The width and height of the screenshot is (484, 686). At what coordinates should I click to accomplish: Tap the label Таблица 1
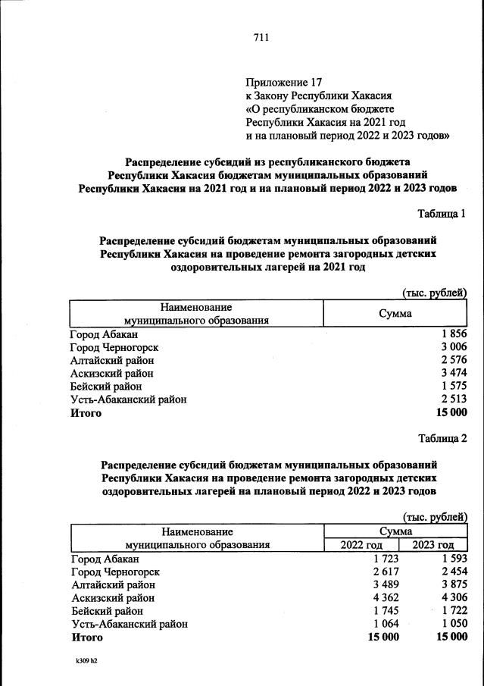pos(442,215)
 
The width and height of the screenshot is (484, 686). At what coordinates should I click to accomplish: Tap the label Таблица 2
pos(442,438)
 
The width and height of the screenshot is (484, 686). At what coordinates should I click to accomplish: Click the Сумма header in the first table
pos(395,313)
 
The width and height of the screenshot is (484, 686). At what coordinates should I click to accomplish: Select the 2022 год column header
pos(362,545)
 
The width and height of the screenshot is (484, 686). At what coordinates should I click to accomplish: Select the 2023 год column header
pos(433,545)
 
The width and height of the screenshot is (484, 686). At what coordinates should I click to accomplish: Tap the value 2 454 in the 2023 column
pos(453,572)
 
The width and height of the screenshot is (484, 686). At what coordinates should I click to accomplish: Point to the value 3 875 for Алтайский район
pos(453,584)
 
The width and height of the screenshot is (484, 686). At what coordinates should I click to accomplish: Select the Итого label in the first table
pos(86,412)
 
